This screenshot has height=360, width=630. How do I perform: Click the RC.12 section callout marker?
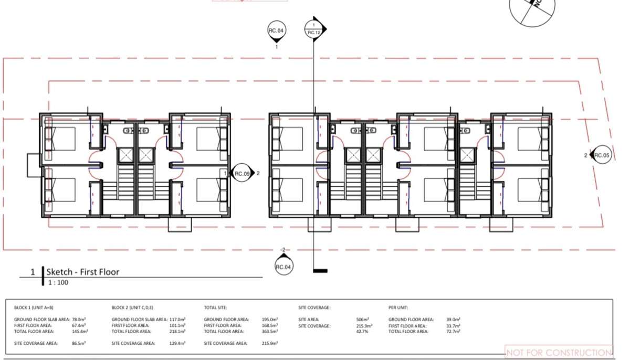pyautogui.click(x=313, y=29)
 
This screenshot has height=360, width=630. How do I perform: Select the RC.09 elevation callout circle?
pyautogui.click(x=242, y=173)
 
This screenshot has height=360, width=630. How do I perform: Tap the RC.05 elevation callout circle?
pyautogui.click(x=602, y=155)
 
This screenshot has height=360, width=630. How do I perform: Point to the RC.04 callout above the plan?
pyautogui.click(x=277, y=31)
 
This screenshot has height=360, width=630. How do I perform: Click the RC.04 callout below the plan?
pyautogui.click(x=283, y=267)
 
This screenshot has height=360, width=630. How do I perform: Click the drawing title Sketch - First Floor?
pyautogui.click(x=82, y=272)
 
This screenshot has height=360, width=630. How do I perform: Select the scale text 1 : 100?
pyautogui.click(x=57, y=282)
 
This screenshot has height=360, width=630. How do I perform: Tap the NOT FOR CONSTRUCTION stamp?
pyautogui.click(x=559, y=353)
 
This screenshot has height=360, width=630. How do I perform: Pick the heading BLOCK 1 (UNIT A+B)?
pyautogui.click(x=34, y=308)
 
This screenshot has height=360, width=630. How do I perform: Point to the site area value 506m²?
pyautogui.click(x=362, y=320)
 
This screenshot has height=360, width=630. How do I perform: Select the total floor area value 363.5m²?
pyautogui.click(x=270, y=332)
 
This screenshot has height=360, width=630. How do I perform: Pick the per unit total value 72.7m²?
pyautogui.click(x=453, y=332)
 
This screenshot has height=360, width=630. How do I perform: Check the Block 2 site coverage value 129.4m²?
pyautogui.click(x=177, y=343)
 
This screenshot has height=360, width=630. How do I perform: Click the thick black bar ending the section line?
pyautogui.click(x=320, y=271)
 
